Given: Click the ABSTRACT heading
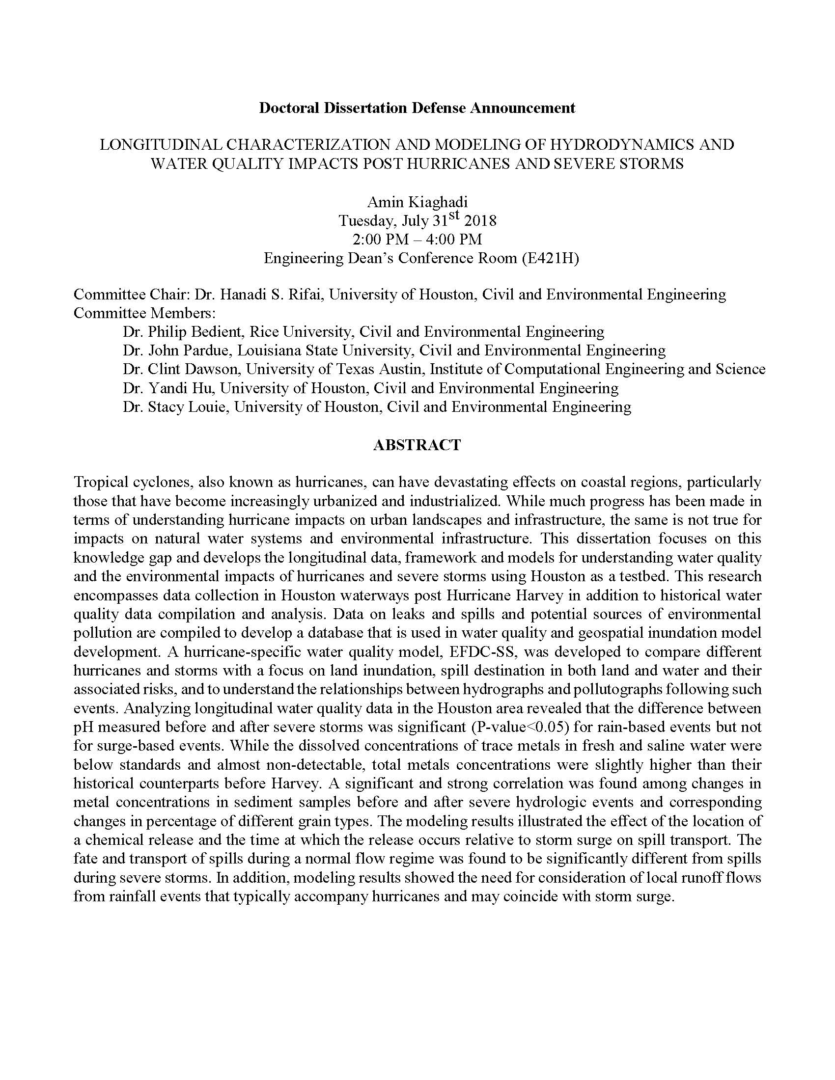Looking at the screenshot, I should pyautogui.click(x=417, y=445).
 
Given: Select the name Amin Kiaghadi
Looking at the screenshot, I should pyautogui.click(x=417, y=202).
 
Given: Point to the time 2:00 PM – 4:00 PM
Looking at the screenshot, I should pyautogui.click(x=417, y=240).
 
